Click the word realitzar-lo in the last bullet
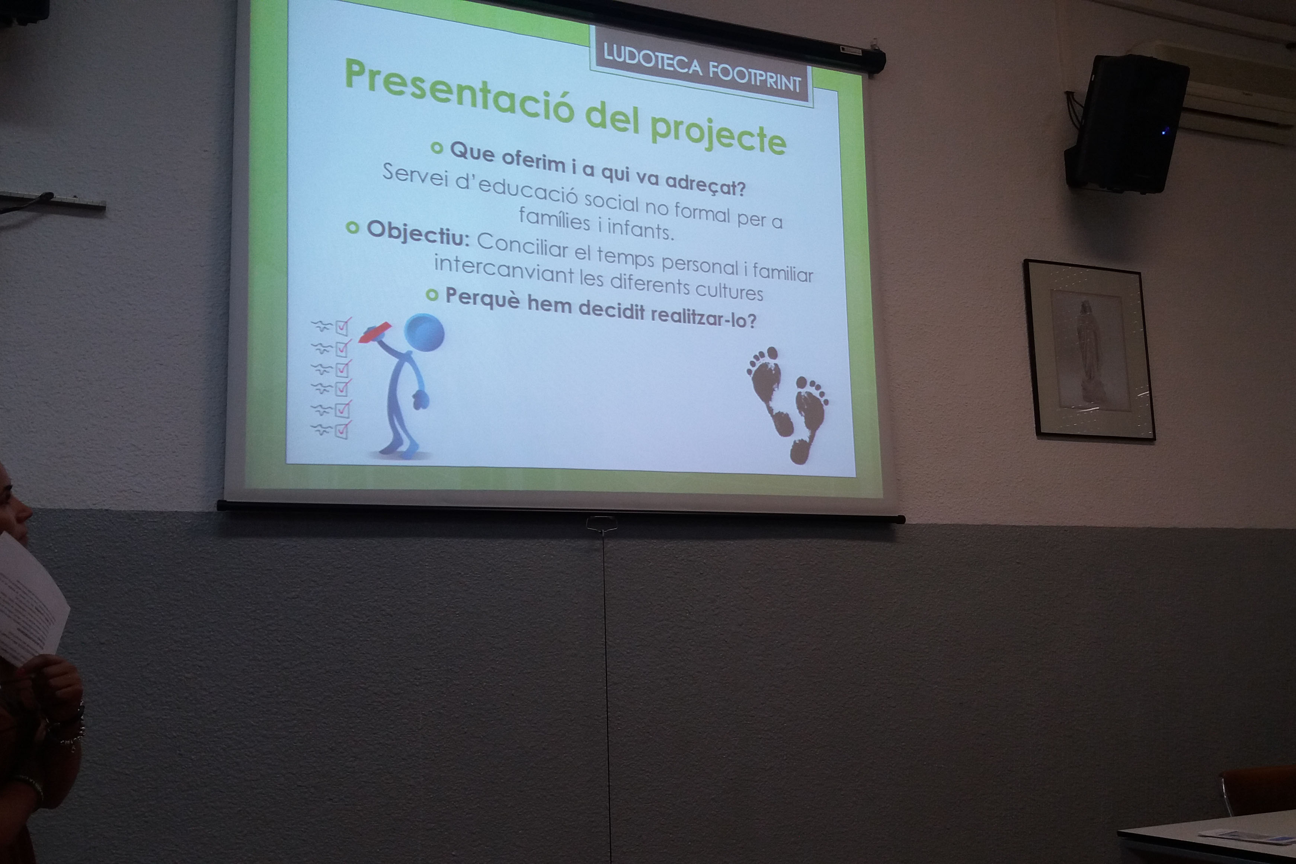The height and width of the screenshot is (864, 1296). (x=704, y=316)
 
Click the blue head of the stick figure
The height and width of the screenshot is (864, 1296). (x=424, y=333)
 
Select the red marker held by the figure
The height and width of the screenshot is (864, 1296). (x=375, y=332)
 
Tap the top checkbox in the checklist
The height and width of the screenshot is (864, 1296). (x=343, y=327)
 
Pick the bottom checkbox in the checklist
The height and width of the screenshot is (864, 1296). (x=342, y=429)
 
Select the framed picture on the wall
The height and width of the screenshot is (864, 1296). (x=1089, y=349)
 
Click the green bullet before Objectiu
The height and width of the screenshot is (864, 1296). (x=353, y=228)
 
